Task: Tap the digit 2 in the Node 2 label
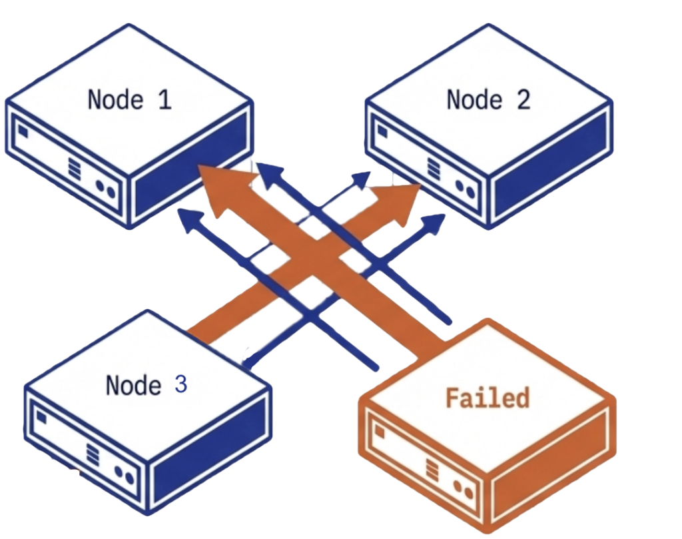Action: pos(523,100)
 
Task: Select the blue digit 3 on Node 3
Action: pos(180,384)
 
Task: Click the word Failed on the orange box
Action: pos(487,398)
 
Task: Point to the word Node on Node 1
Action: pos(115,100)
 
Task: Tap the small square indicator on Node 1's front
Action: pos(23,132)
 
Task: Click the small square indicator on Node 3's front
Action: pos(41,418)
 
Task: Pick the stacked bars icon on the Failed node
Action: pos(432,470)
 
